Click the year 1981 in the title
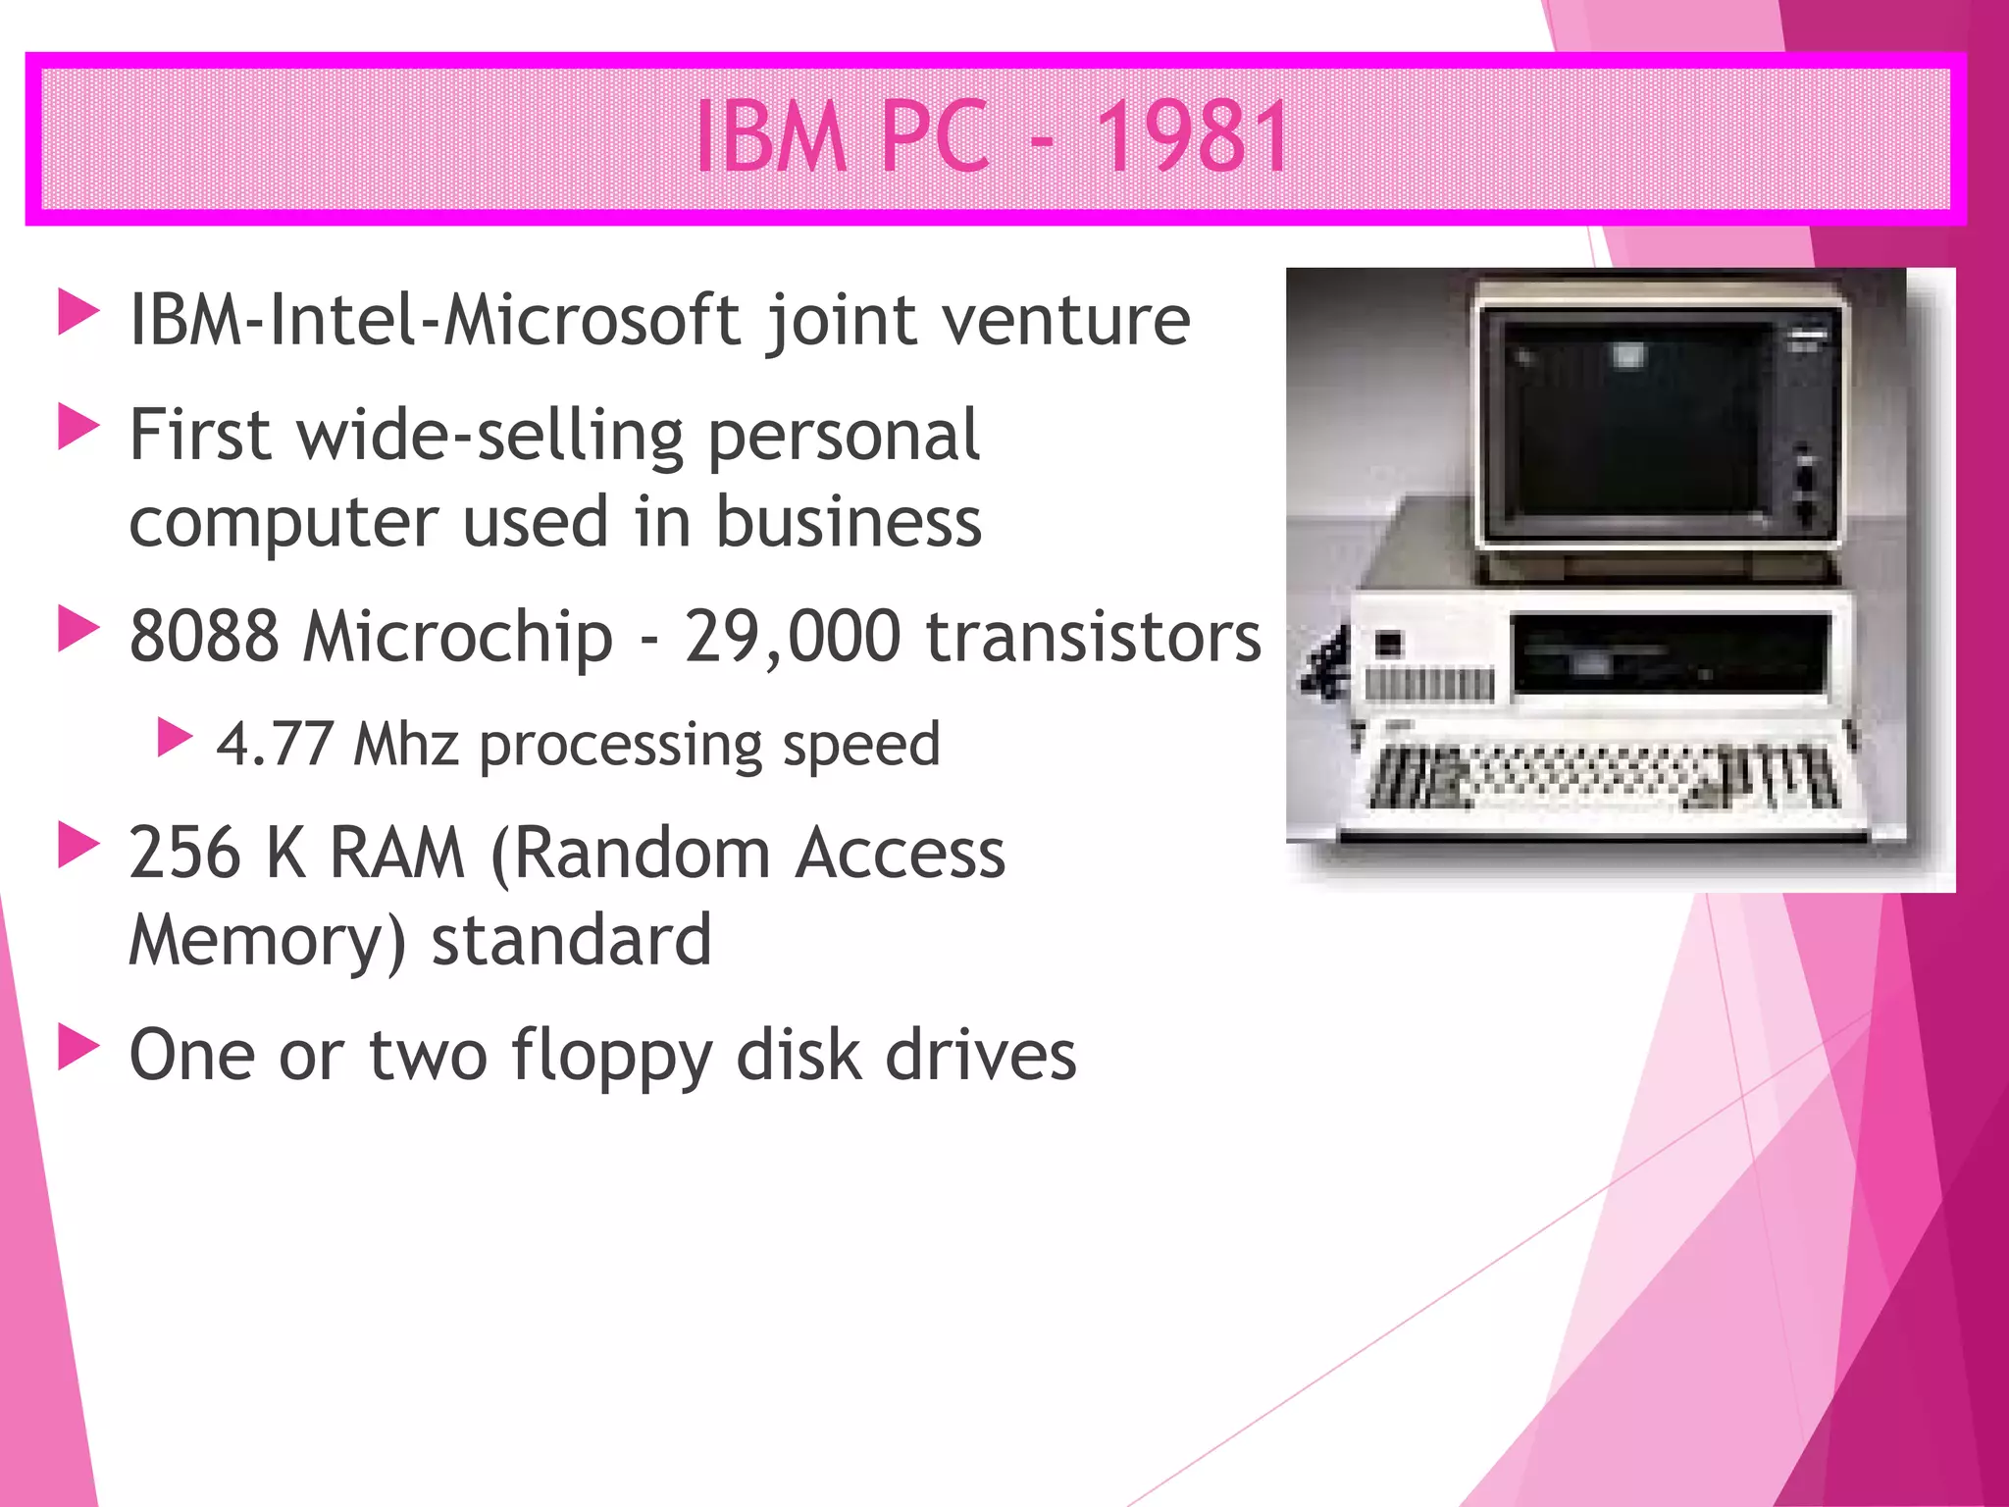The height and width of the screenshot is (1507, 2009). pos(1191,137)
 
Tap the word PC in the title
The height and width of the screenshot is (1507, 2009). pos(934,137)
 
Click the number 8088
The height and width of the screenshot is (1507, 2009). pos(204,636)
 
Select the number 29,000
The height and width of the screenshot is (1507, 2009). pos(792,636)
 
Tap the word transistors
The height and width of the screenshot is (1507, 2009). pos(1093,636)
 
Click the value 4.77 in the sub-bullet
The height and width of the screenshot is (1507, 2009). pos(275,744)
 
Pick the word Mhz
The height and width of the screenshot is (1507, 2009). pos(405,744)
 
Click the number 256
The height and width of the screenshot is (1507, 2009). pos(184,852)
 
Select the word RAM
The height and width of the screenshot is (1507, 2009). pos(396,852)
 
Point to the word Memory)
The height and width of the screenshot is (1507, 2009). pos(267,940)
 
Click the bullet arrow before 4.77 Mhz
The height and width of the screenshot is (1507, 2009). pos(175,738)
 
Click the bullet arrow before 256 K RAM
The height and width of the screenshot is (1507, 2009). pos(78,845)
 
